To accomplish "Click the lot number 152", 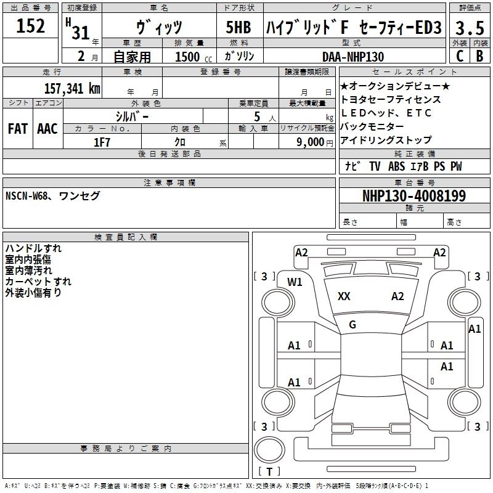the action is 31,26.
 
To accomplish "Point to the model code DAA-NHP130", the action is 353,56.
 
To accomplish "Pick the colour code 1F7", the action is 102,142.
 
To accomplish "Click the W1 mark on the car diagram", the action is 295,282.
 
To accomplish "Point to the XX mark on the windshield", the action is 344,296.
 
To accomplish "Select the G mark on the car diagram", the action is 352,325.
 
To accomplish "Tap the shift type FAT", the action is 17,128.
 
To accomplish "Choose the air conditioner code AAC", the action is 47,128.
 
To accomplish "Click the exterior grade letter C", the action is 459,55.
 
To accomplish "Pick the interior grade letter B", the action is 479,55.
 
